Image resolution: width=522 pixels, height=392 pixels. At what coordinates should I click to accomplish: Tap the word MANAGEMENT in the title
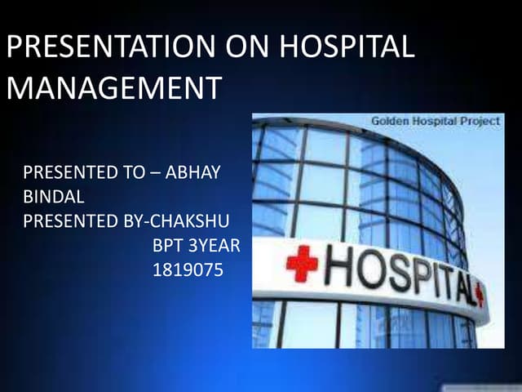pyautogui.click(x=113, y=87)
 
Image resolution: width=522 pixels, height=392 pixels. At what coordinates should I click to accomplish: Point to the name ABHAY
pyautogui.click(x=195, y=174)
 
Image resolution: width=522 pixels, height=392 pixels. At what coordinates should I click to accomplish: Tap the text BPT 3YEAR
pyautogui.click(x=196, y=244)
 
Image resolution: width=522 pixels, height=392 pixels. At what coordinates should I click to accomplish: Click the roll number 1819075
pyautogui.click(x=188, y=269)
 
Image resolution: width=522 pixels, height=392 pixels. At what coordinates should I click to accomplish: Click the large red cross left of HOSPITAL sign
pyautogui.click(x=301, y=263)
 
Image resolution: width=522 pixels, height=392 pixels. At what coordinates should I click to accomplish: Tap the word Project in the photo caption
pyautogui.click(x=482, y=121)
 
